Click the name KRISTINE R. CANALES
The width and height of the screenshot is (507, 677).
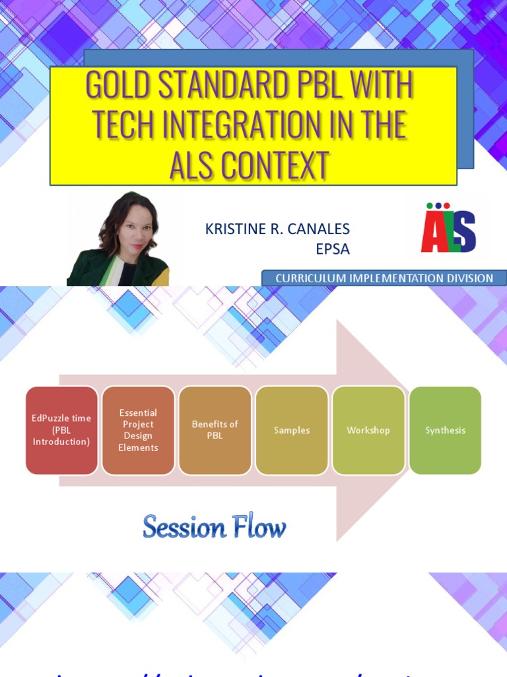click(x=277, y=229)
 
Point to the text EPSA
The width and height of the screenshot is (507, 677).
click(x=333, y=249)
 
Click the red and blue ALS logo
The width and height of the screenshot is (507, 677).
click(x=448, y=231)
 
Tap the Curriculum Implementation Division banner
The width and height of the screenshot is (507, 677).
click(x=384, y=278)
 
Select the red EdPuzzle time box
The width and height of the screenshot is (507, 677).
click(x=61, y=430)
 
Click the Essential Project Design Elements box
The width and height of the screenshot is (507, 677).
click(x=138, y=430)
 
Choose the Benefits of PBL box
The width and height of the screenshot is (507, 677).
click(x=215, y=430)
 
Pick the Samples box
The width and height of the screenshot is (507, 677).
click(x=291, y=430)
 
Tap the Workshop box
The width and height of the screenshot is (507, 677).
click(x=368, y=430)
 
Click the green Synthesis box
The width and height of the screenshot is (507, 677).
click(x=445, y=430)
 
